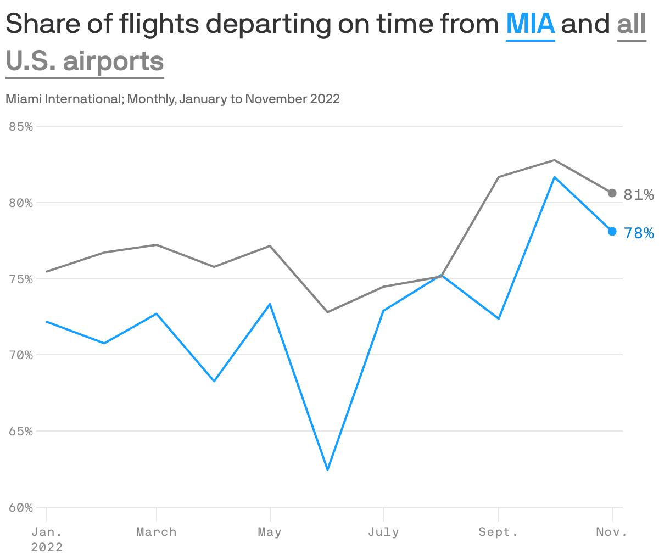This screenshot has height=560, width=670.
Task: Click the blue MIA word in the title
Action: tap(530, 24)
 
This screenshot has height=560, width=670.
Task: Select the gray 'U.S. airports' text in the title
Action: tap(85, 61)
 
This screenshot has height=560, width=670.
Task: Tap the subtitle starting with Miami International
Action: tap(172, 99)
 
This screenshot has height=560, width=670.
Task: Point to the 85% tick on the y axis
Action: tap(21, 127)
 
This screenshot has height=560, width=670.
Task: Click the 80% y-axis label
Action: tap(21, 203)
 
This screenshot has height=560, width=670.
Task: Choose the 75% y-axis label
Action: tap(21, 279)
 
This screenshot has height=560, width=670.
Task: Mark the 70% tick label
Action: tap(21, 355)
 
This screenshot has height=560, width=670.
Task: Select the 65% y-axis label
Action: tap(21, 432)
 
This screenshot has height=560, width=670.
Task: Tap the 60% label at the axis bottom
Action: tap(21, 508)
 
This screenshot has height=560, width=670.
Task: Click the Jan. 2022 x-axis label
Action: tap(47, 539)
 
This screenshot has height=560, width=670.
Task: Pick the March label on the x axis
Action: tap(157, 532)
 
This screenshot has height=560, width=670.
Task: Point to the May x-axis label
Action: tap(270, 532)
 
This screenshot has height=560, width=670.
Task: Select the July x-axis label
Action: tap(383, 532)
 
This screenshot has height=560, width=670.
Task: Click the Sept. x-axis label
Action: tap(498, 532)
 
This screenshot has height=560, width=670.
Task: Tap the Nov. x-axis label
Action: tap(612, 532)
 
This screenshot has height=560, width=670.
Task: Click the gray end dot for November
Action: tap(612, 193)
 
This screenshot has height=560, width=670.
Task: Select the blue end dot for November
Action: tap(612, 232)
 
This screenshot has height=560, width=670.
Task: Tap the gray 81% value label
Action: tap(639, 195)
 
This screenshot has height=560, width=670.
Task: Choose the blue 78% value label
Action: tap(639, 234)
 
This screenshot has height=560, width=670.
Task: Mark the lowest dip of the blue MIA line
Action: tap(328, 470)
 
